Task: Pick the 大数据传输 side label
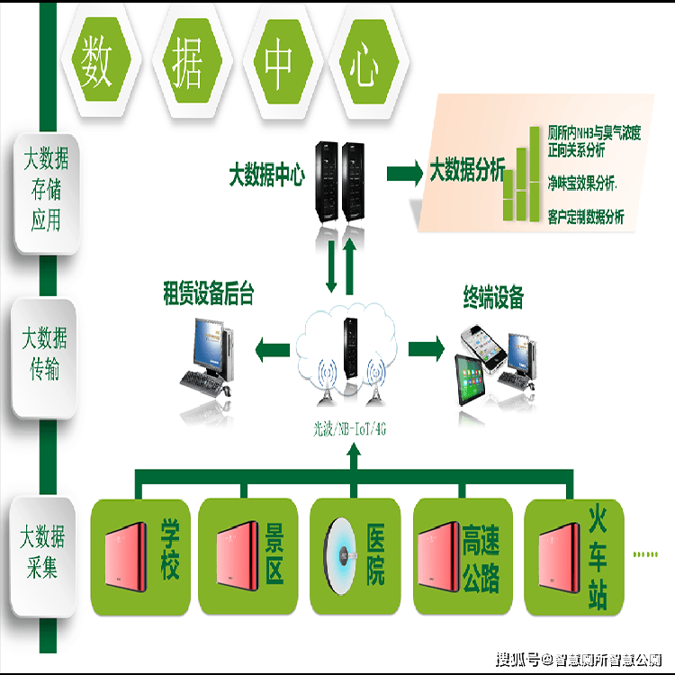[x=44, y=354]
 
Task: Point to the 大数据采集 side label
[x=44, y=551]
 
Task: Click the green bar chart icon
[x=521, y=175]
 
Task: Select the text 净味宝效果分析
[x=581, y=182]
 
